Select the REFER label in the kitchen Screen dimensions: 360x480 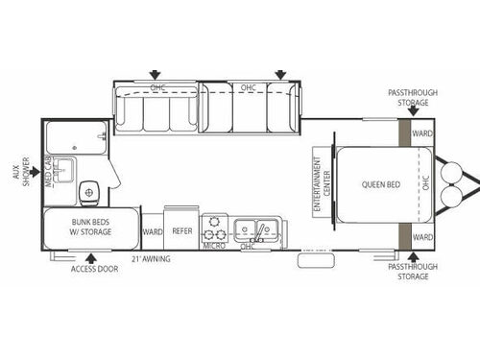click(182, 231)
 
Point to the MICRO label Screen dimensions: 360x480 click(214, 246)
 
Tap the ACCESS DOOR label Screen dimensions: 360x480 click(94, 270)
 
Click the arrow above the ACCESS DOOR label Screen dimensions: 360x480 click(92, 256)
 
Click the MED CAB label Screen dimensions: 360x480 click(47, 176)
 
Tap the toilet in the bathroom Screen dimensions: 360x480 click(91, 192)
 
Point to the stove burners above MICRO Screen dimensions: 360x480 click(216, 230)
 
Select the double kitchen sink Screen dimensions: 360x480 click(257, 229)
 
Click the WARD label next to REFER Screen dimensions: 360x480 click(152, 231)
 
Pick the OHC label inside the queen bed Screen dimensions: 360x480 click(426, 182)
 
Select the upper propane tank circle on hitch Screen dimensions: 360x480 click(448, 172)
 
